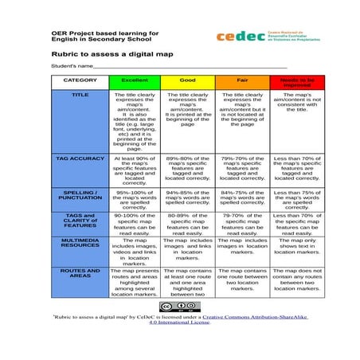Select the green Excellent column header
pyautogui.click(x=134, y=81)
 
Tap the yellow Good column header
pyautogui.click(x=188, y=81)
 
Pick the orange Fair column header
pyautogui.click(x=242, y=81)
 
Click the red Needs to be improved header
pyautogui.click(x=296, y=81)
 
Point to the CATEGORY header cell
pyautogui.click(x=80, y=80)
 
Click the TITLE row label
pyautogui.click(x=80, y=95)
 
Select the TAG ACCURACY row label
pyautogui.click(x=80, y=158)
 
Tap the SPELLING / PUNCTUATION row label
pyautogui.click(x=80, y=195)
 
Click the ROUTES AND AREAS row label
pyautogui.click(x=80, y=275)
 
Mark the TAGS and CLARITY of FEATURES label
pyautogui.click(x=80, y=220)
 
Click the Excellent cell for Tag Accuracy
pyautogui.click(x=134, y=170)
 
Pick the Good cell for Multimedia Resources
pyautogui.click(x=188, y=248)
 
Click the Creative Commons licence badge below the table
pyautogui.click(x=172, y=306)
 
